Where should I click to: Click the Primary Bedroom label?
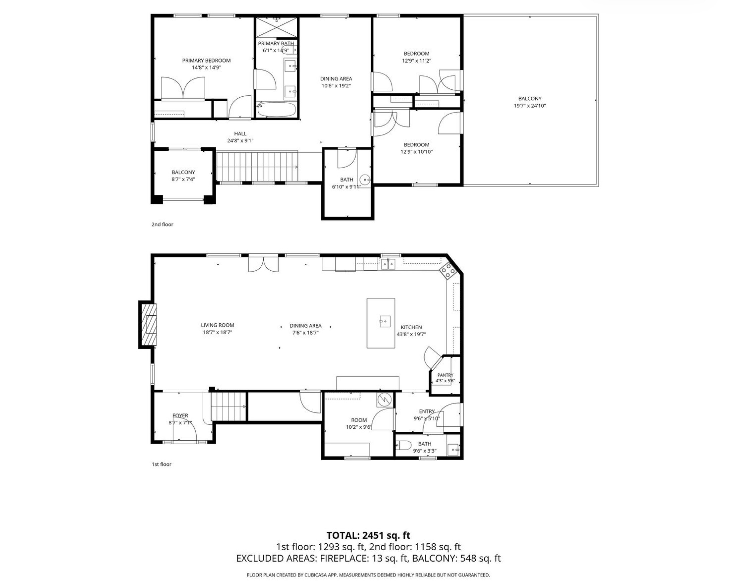click(x=206, y=61)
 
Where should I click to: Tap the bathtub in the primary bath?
click(x=276, y=110)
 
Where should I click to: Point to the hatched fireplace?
click(x=148, y=324)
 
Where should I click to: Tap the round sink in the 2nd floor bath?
click(x=365, y=179)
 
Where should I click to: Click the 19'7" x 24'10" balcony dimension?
click(x=530, y=106)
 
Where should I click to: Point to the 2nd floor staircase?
click(x=257, y=167)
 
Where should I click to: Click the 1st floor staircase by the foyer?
click(x=229, y=407)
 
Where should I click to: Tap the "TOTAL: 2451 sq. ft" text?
click(x=368, y=536)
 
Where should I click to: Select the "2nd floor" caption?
click(x=163, y=225)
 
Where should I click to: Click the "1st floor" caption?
click(x=162, y=465)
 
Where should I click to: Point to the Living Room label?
click(x=218, y=325)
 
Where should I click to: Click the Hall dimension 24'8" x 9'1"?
click(x=240, y=141)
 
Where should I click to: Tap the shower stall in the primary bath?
click(x=277, y=27)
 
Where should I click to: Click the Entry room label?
click(x=427, y=411)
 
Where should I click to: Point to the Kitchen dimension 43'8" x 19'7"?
click(x=411, y=334)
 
